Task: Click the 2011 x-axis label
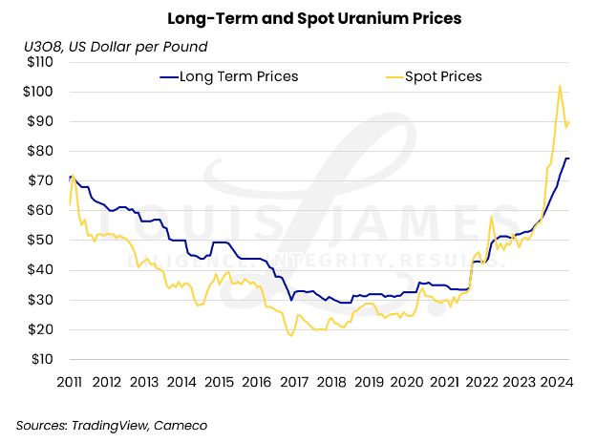click(x=70, y=382)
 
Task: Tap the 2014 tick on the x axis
click(x=182, y=382)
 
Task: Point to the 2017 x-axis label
click(x=294, y=382)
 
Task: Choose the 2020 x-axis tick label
click(x=407, y=382)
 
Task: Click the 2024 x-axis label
click(x=557, y=382)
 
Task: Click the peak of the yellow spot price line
click(x=559, y=86)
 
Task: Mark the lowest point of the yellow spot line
click(x=290, y=336)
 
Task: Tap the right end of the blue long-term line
click(x=569, y=158)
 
